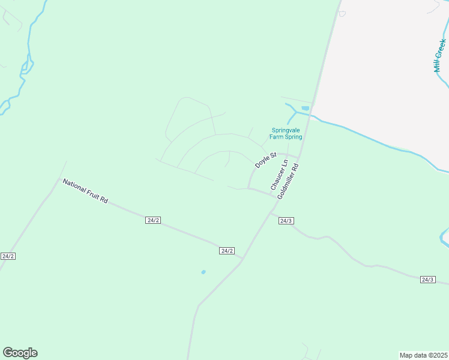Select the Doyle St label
(x=265, y=160)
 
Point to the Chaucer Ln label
(x=279, y=175)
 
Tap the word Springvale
(x=286, y=130)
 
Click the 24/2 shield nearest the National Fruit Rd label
(x=152, y=220)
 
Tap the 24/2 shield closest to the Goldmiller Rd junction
(x=226, y=251)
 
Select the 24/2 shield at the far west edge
(x=8, y=256)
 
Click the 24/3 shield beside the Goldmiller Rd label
(x=286, y=221)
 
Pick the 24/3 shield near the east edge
(x=427, y=280)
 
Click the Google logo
(x=20, y=353)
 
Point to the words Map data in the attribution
(x=412, y=355)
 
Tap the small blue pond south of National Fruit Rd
(x=203, y=272)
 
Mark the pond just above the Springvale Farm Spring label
(x=305, y=108)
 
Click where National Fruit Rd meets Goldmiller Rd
(x=243, y=259)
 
